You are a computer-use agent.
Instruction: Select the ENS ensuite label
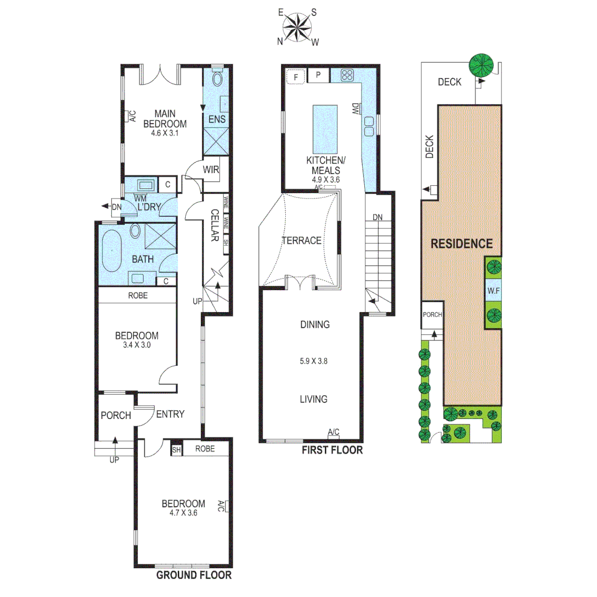tap(216, 119)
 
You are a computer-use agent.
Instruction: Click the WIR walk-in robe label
tap(211, 170)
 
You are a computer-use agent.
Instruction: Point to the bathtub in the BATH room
tap(113, 252)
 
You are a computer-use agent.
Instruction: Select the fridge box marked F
tap(296, 76)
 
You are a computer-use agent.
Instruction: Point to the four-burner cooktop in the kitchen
tap(348, 76)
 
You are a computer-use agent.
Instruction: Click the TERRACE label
tap(301, 240)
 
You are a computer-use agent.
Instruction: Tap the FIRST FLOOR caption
tap(332, 451)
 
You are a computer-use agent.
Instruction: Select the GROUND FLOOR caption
tap(193, 575)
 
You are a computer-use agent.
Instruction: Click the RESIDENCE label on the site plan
tap(462, 243)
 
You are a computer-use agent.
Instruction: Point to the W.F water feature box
tap(494, 291)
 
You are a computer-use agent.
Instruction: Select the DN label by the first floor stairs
tap(378, 217)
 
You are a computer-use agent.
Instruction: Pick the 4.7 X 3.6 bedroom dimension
tap(183, 512)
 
